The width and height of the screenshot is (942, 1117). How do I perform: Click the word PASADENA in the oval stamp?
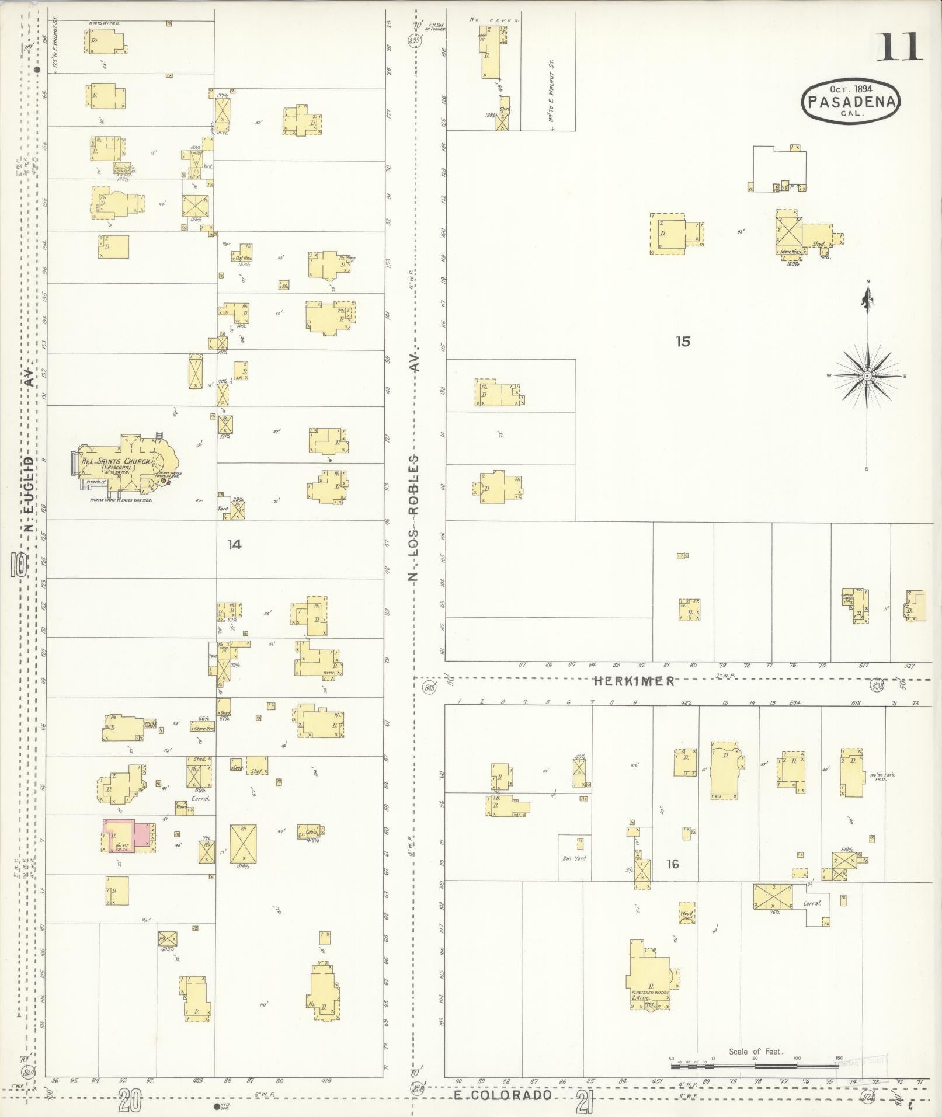pos(851,102)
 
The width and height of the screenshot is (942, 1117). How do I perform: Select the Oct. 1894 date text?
pos(851,89)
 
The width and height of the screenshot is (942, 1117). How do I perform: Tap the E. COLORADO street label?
pos(503,1094)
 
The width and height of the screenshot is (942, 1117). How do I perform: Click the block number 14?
pos(234,545)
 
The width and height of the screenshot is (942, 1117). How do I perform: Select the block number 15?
pos(683,341)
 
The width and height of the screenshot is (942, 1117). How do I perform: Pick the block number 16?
pos(673,864)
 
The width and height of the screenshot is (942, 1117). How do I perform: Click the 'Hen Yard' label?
pos(574,858)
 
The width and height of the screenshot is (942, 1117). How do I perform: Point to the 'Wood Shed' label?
pos(686,916)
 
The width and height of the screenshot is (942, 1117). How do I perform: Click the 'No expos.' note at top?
pos(494,19)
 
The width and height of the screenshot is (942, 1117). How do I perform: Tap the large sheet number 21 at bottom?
pos(582,1102)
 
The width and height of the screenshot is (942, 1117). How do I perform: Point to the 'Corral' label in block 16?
pos(812,903)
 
